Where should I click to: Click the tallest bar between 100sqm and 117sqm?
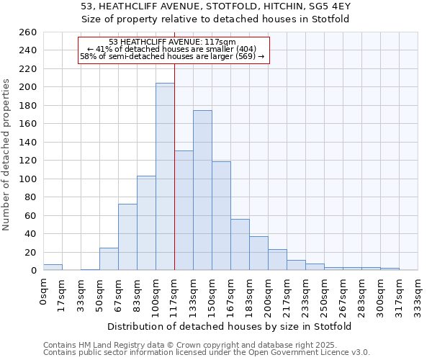tap(165, 176)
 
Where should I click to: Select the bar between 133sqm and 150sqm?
tap(202, 190)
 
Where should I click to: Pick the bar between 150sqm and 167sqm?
tap(221, 215)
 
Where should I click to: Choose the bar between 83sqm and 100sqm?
tap(146, 222)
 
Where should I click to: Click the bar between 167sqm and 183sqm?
tap(240, 245)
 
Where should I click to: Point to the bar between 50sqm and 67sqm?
tap(109, 259)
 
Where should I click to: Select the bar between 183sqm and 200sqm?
tap(258, 253)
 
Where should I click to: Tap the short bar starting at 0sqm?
tap(53, 267)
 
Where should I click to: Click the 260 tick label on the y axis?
tap(28, 32)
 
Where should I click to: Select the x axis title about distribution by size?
tap(230, 326)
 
